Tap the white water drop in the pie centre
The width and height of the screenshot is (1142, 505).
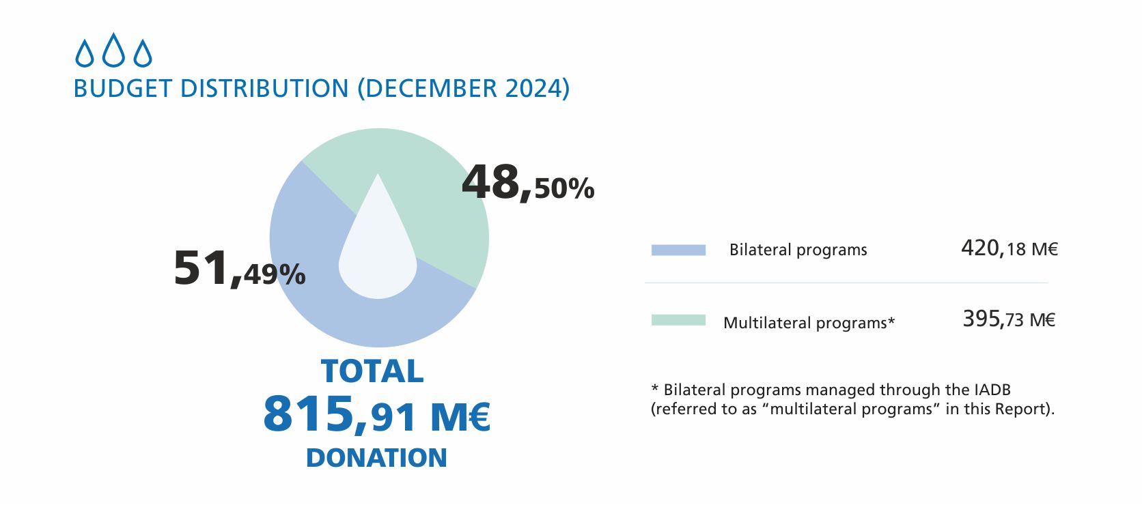[378, 252]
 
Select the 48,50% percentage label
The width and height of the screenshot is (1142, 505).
[528, 184]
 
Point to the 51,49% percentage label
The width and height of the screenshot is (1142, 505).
[239, 268]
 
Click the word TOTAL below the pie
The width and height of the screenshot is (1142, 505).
[372, 372]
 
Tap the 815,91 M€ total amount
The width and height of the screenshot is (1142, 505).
[376, 414]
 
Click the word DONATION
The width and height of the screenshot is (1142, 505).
[376, 458]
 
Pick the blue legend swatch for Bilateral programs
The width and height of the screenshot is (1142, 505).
[678, 250]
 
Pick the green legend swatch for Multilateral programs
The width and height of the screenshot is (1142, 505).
[678, 320]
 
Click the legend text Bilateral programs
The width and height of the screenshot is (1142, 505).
[798, 250]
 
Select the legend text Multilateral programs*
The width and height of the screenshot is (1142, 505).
[809, 322]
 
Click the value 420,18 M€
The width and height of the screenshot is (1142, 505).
[1009, 248]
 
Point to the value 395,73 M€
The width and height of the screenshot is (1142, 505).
[1009, 319]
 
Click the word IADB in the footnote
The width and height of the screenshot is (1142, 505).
[990, 390]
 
